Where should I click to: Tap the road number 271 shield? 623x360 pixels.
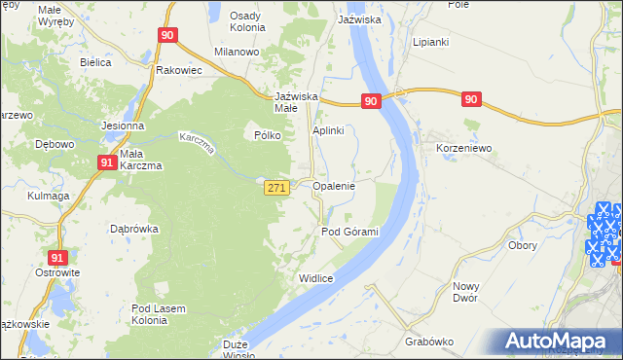pos(275,189)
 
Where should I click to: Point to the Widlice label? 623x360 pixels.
pos(316,278)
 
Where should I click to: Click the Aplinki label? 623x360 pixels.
pos(329,130)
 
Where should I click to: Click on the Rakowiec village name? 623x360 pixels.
pos(178,70)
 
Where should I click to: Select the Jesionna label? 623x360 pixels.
pos(123,126)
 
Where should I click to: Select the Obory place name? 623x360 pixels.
pos(523,245)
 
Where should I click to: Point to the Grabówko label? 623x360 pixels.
pos(430,342)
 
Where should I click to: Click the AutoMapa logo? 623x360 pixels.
pos(556,341)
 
